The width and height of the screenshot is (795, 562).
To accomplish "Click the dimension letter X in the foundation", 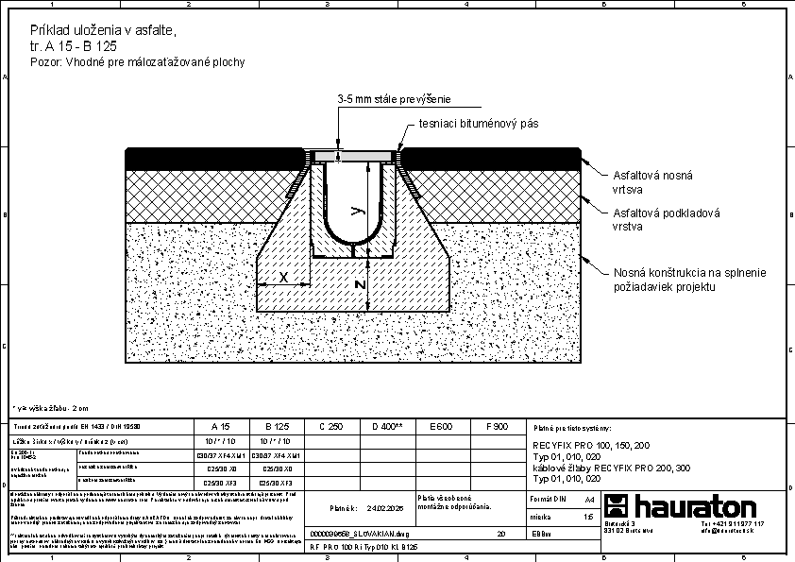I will point(282,277).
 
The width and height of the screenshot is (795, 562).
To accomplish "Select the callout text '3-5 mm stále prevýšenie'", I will point(394,99).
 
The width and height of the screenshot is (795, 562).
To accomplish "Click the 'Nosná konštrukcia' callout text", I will point(688,279).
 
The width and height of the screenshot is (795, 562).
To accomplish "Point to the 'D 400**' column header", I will point(387,427).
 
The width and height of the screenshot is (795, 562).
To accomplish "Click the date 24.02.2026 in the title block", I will point(385,507).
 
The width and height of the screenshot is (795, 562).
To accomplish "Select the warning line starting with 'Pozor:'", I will point(138,62).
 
